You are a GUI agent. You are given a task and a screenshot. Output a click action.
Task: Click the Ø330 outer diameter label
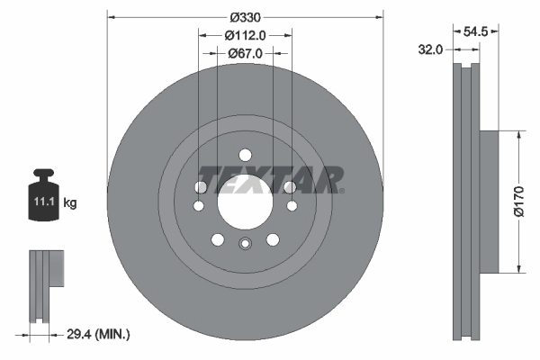246,16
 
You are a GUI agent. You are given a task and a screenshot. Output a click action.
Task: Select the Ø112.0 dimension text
246,35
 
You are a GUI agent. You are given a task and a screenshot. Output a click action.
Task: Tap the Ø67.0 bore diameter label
246,53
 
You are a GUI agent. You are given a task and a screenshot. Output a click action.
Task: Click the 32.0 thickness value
432,49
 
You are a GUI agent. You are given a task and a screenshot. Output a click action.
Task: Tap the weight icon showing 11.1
44,193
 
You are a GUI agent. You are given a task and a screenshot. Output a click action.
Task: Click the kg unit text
70,203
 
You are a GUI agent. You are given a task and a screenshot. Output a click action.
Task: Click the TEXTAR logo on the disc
270,178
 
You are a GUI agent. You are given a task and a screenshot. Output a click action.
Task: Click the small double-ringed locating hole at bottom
245,243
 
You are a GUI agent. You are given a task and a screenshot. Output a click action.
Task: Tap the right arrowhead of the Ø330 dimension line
380,16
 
